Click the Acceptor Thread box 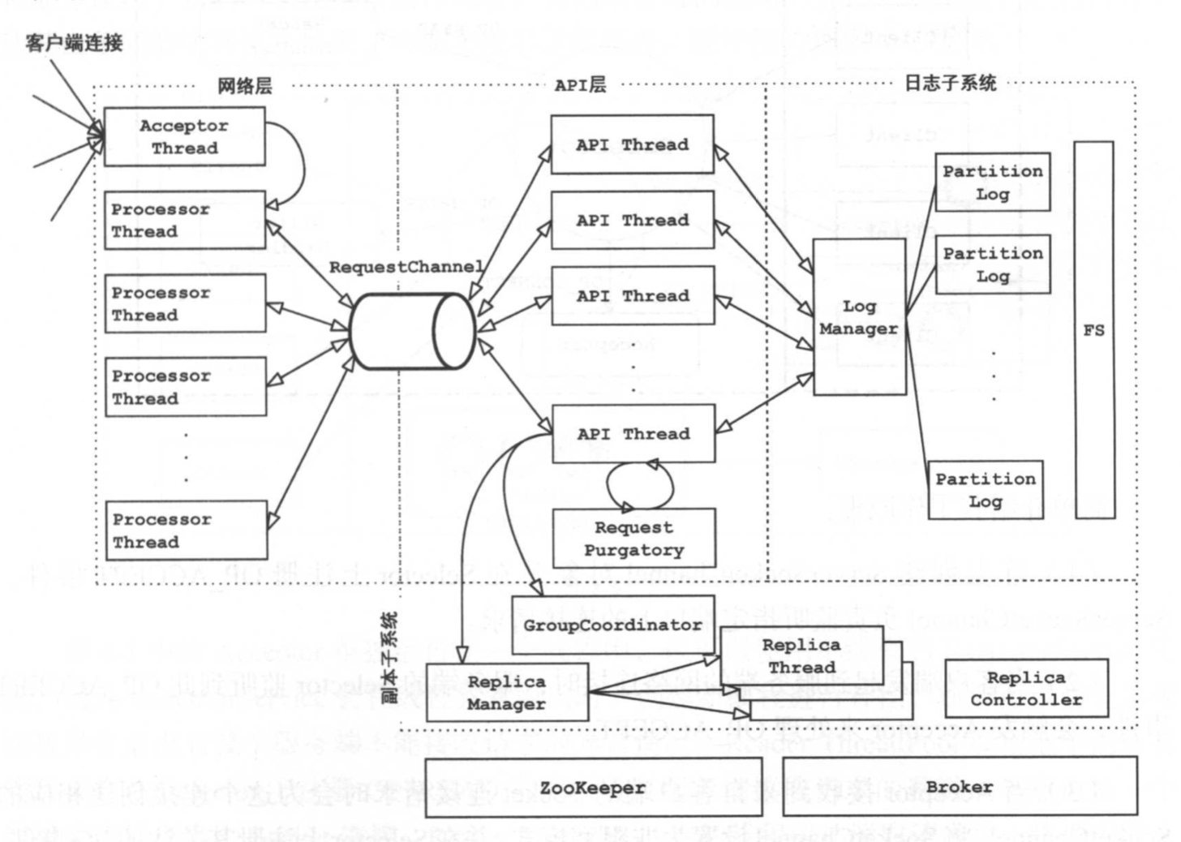[184, 137]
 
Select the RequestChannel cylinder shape [412, 332]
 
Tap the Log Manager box [859, 317]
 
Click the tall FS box [1093, 330]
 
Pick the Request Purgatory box [633, 538]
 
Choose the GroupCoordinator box [612, 625]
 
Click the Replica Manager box [506, 693]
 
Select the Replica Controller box [1026, 688]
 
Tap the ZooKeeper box [593, 788]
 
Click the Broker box [960, 787]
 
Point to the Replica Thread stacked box [801, 655]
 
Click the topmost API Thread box [632, 144]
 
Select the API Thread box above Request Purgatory [633, 434]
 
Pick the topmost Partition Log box [992, 183]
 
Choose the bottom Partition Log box [985, 490]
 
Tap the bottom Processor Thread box [186, 531]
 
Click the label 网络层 [244, 86]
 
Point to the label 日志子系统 [950, 83]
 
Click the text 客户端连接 [74, 42]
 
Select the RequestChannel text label [406, 267]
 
